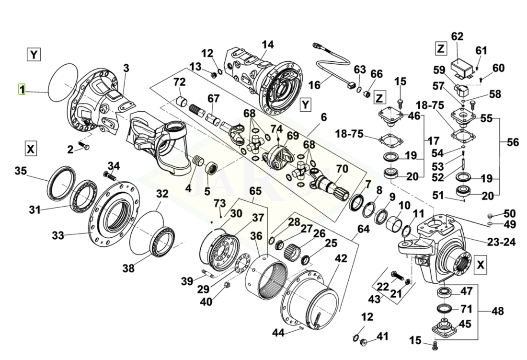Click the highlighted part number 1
tap(21, 89)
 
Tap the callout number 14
tap(268, 45)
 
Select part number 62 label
tap(458, 36)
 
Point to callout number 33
tap(57, 235)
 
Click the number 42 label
tap(341, 258)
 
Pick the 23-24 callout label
tap(502, 242)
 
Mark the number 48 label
tap(497, 311)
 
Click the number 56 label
tap(513, 142)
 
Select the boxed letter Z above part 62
tap(441, 48)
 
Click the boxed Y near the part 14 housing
tap(305, 104)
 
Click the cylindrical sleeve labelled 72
tap(181, 102)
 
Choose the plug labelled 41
tap(363, 342)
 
